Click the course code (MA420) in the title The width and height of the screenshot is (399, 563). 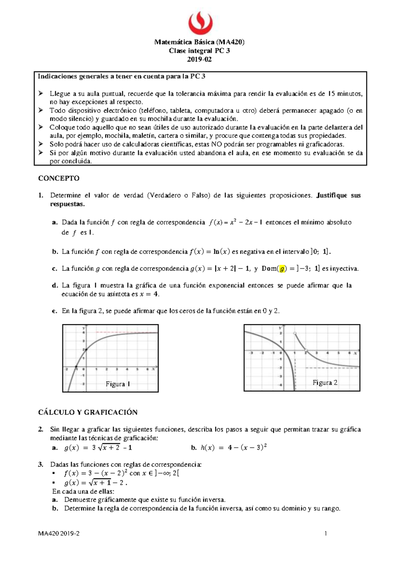230,42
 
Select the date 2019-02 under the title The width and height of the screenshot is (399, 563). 199,59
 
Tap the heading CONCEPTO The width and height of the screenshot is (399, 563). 59,178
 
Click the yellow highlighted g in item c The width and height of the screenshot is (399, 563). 282,269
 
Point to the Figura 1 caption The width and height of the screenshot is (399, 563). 118,384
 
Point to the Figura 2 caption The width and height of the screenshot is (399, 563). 325,382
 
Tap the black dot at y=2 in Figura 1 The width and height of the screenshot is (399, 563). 86,349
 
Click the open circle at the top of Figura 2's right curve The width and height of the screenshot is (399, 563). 295,333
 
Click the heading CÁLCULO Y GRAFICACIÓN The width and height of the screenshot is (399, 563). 88,412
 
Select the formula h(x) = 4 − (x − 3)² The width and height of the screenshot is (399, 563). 234,447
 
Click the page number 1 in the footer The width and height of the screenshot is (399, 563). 326,534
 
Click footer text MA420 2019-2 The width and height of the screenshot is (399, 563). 59,534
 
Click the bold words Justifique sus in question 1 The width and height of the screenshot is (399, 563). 338,195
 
